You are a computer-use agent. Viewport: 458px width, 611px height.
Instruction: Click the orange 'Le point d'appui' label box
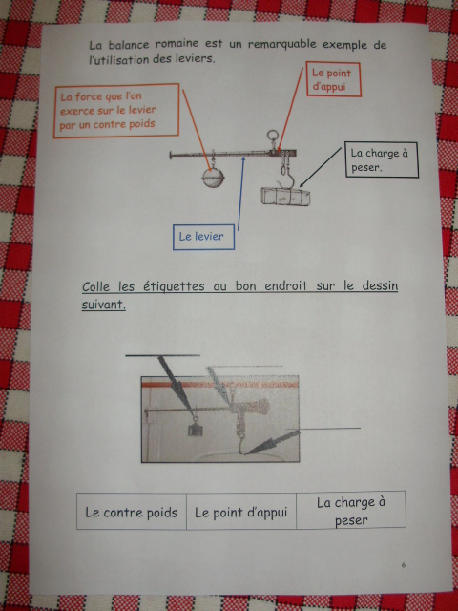pos(333,79)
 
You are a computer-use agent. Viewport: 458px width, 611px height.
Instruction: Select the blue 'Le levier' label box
pos(203,237)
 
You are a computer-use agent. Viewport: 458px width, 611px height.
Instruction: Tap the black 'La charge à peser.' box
pos(382,159)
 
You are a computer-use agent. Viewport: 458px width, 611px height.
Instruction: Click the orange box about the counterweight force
pos(116,111)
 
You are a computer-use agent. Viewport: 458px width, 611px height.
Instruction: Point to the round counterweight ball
pos(213,178)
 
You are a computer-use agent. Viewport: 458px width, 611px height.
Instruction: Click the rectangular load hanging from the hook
pos(285,196)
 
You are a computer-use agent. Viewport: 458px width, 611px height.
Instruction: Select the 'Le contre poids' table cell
pos(132,512)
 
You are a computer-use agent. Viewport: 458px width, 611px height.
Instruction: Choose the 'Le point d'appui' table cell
pos(241,512)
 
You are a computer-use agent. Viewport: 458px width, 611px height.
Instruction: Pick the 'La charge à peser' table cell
pos(351,511)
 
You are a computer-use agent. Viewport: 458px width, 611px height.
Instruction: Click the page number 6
pos(404,564)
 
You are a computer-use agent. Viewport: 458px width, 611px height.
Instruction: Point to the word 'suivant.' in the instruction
pos(104,305)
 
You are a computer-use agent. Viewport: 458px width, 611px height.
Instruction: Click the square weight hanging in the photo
pos(195,428)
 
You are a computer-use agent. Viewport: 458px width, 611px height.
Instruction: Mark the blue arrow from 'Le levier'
pos(241,193)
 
